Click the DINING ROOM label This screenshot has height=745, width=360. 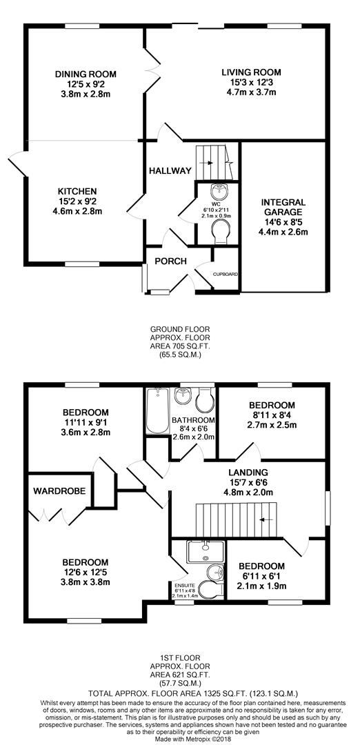pos(86,74)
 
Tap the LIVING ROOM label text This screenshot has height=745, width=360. pos(251,72)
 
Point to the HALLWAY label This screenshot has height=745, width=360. pos(170,170)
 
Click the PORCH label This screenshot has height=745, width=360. pos(170,261)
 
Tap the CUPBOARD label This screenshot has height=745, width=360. pos(225,275)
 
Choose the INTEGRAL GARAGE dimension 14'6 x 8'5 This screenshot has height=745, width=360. pos(283,222)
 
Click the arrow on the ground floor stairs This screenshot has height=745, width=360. pos(208,163)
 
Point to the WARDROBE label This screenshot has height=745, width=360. pos(59,491)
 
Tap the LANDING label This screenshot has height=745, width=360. pos(248,473)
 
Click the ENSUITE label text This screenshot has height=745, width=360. pos(184,585)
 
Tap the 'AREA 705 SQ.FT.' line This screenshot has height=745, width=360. pos(180,346)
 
